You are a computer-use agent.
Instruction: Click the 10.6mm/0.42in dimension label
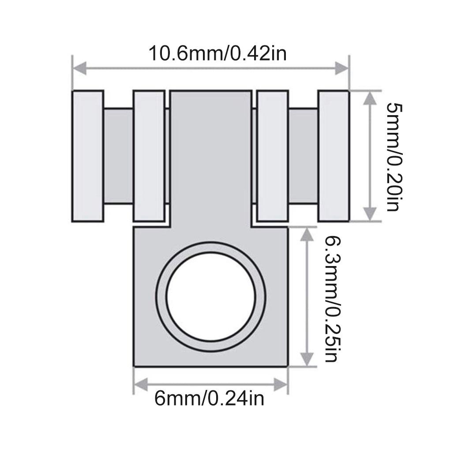coord(217,53)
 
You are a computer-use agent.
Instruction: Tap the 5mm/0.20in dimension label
coord(394,157)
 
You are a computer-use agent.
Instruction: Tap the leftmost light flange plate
coord(87,156)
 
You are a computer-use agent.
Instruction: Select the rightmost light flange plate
coord(334,156)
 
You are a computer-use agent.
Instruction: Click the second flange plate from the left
coord(149,156)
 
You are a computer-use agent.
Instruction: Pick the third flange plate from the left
coord(272,156)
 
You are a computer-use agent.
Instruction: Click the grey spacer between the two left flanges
coord(118,156)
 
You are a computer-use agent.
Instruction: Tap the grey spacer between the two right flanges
coord(303,156)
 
